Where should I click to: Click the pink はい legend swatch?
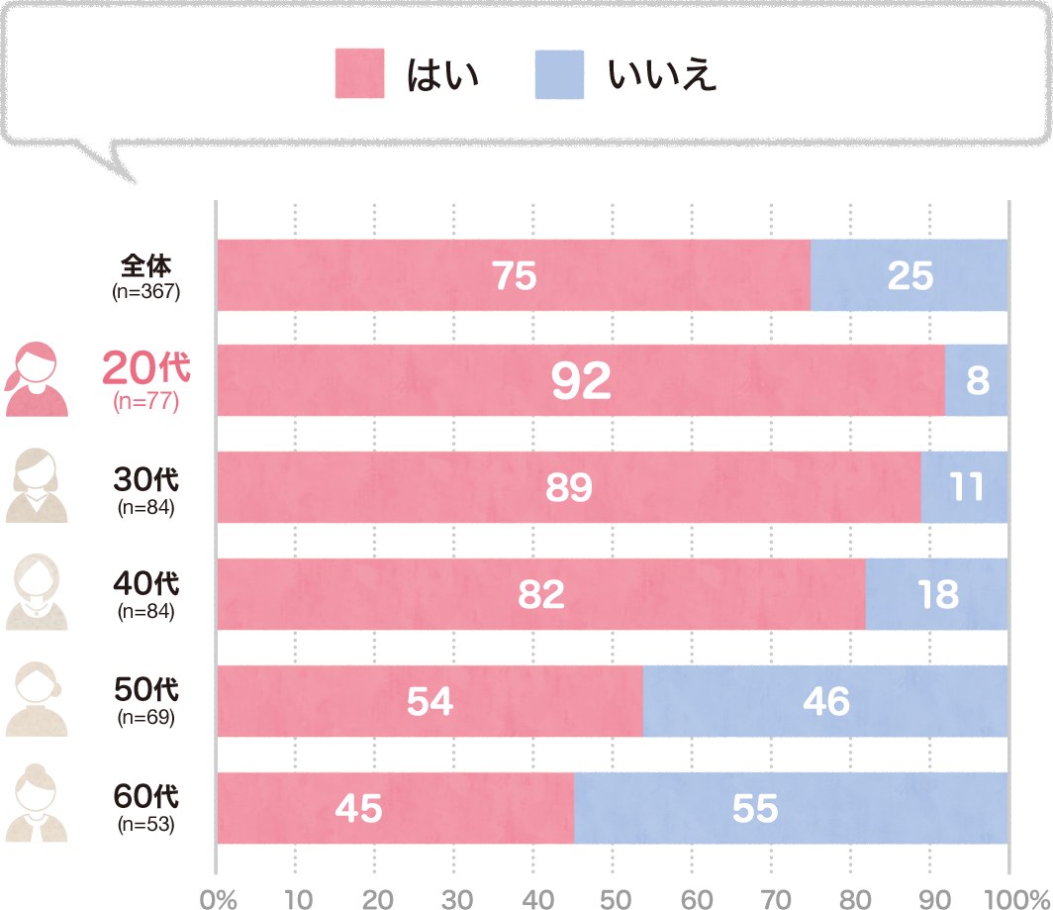[x=359, y=74]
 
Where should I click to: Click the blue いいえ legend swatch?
[x=559, y=74]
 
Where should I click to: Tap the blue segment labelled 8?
[x=977, y=381]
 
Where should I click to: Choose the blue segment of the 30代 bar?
[x=964, y=487]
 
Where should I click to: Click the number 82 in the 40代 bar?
[x=540, y=594]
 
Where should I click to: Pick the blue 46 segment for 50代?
[x=825, y=701]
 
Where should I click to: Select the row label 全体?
[x=146, y=265]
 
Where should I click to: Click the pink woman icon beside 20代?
[x=38, y=380]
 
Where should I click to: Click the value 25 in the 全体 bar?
[x=909, y=276]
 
